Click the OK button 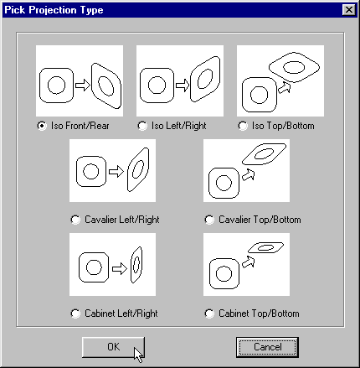113,347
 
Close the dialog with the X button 349,10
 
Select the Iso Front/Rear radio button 42,126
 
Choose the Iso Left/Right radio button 142,126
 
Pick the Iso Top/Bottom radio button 243,126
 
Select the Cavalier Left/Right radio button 75,220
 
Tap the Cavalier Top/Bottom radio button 209,220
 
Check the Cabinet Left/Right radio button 75,314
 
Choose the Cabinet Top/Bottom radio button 209,314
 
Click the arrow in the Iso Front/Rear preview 83,85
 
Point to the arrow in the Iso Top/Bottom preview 285,88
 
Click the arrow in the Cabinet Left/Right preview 120,269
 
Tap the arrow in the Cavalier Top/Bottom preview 249,175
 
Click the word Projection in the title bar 53,10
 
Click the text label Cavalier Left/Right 122,220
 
